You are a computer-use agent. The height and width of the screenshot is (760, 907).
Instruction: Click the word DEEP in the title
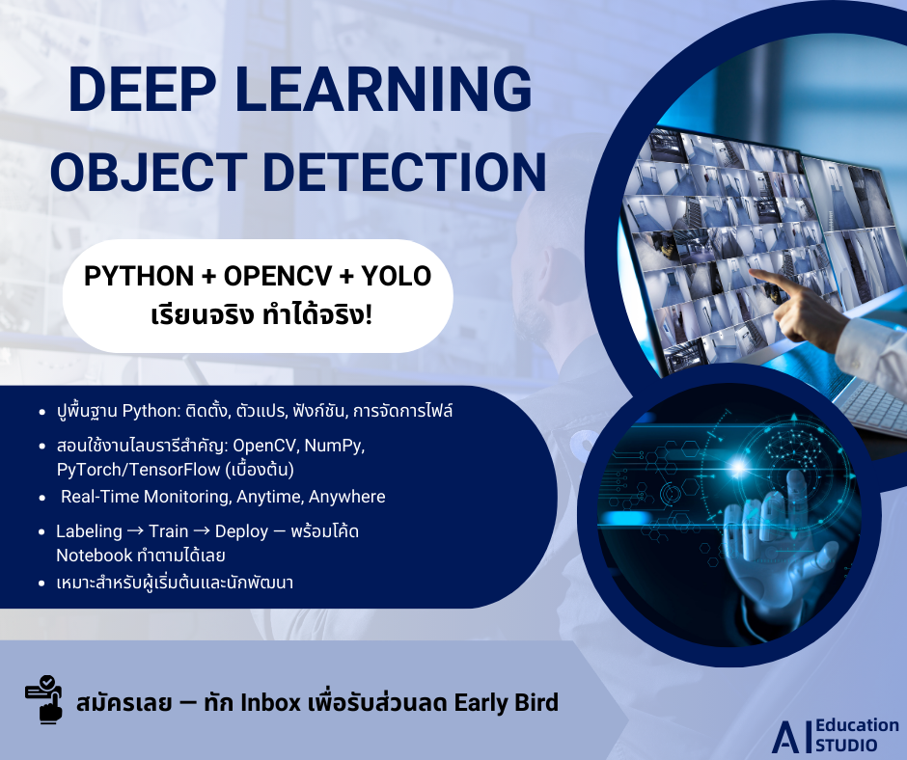pyautogui.click(x=142, y=89)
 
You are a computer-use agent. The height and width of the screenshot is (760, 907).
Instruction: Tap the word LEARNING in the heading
pyautogui.click(x=383, y=89)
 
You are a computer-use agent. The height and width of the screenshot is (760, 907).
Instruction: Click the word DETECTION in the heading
pyautogui.click(x=404, y=172)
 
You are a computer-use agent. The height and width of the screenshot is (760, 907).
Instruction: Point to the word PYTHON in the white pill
pyautogui.click(x=139, y=276)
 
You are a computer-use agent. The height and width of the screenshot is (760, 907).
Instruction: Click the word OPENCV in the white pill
pyautogui.click(x=278, y=276)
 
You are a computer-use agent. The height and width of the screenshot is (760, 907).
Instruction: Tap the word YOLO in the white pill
pyautogui.click(x=397, y=276)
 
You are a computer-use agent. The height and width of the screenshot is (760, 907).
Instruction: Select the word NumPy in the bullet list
pyautogui.click(x=335, y=446)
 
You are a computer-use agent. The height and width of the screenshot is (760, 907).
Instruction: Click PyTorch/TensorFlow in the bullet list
pyautogui.click(x=138, y=470)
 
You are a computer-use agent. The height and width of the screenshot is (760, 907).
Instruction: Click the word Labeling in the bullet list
pyautogui.click(x=89, y=531)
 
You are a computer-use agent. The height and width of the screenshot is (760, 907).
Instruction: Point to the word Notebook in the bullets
pyautogui.click(x=95, y=556)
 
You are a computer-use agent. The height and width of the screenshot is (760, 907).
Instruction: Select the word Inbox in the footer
pyautogui.click(x=270, y=703)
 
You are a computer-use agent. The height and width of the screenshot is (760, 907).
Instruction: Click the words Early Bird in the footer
pyautogui.click(x=507, y=703)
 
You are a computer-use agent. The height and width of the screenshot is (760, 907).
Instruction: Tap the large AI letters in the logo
pyautogui.click(x=792, y=738)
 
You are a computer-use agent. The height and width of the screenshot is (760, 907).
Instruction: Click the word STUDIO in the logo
pyautogui.click(x=846, y=745)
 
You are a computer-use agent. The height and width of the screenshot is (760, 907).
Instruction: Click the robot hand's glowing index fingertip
pyautogui.click(x=797, y=480)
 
